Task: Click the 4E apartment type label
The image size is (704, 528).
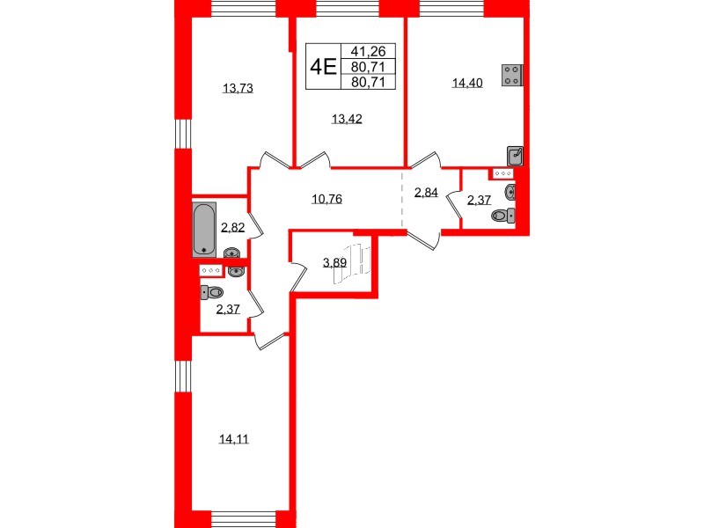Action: point(324,67)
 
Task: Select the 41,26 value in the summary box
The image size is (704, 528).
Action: point(373,52)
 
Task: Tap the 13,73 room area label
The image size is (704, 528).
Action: point(238,88)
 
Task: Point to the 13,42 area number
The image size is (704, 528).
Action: point(345,121)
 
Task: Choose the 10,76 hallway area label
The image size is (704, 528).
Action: point(326,199)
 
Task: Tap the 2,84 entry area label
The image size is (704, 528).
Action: point(426,194)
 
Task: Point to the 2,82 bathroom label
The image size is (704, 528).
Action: point(233,227)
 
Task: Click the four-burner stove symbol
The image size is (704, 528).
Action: point(511,76)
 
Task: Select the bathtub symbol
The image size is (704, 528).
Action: point(204,228)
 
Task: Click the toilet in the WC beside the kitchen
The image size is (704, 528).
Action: point(504,214)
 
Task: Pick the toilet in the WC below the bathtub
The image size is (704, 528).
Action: point(210,292)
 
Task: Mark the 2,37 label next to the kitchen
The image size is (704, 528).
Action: point(479,201)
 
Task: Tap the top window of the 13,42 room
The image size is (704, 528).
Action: point(348,9)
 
